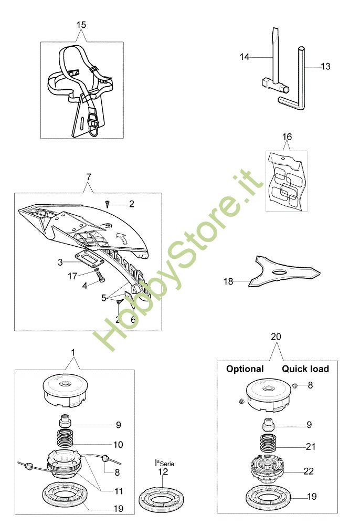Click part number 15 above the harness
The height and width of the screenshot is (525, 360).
81,25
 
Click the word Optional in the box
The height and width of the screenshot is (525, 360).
245,369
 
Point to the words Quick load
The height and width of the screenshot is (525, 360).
305,369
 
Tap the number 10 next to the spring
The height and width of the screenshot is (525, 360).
118,445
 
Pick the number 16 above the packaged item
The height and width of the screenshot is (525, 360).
287,136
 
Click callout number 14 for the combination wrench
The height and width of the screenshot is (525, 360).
245,57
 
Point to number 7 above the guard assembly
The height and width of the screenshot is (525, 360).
88,174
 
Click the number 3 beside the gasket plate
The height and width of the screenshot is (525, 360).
61,261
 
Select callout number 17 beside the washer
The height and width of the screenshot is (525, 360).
73,275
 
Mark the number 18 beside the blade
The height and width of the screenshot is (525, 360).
228,281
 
